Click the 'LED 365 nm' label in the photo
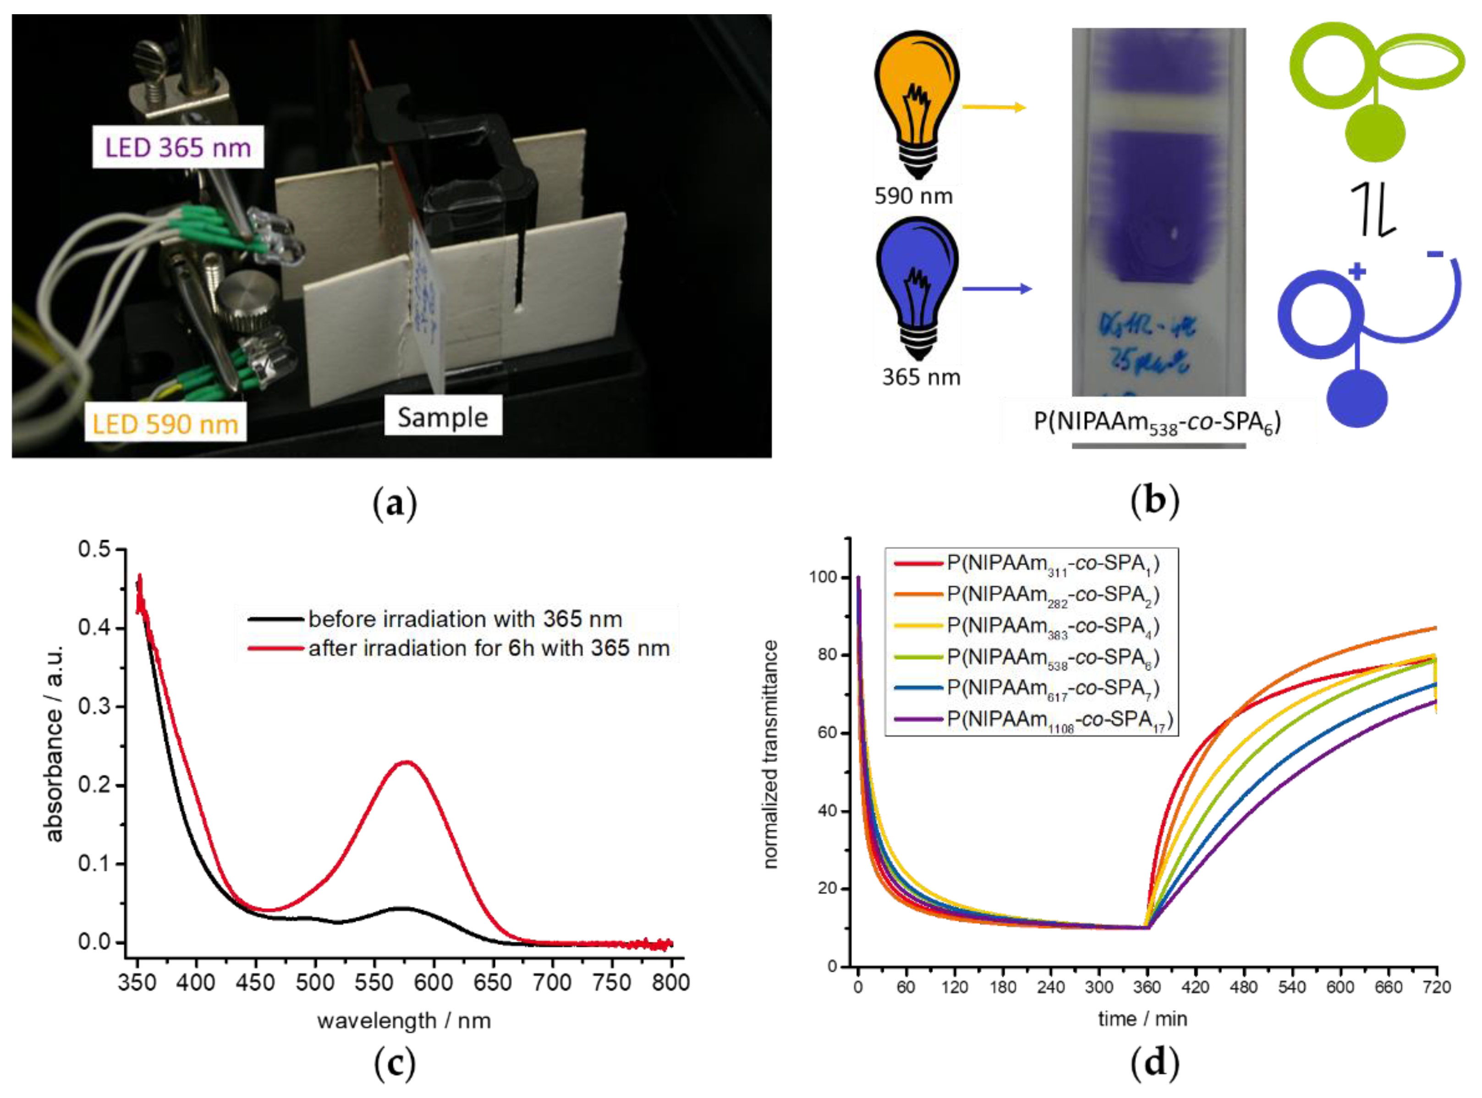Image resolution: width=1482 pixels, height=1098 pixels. [177, 147]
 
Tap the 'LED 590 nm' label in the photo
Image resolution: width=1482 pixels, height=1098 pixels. [165, 423]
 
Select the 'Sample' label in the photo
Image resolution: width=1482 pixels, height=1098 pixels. [443, 417]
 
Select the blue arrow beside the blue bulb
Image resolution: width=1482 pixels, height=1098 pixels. [997, 288]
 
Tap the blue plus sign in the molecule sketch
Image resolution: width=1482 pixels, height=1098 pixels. [1356, 272]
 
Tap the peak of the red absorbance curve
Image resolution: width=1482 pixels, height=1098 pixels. [406, 762]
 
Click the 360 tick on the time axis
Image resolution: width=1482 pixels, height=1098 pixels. [1147, 987]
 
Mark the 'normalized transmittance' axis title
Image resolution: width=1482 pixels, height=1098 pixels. [770, 754]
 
